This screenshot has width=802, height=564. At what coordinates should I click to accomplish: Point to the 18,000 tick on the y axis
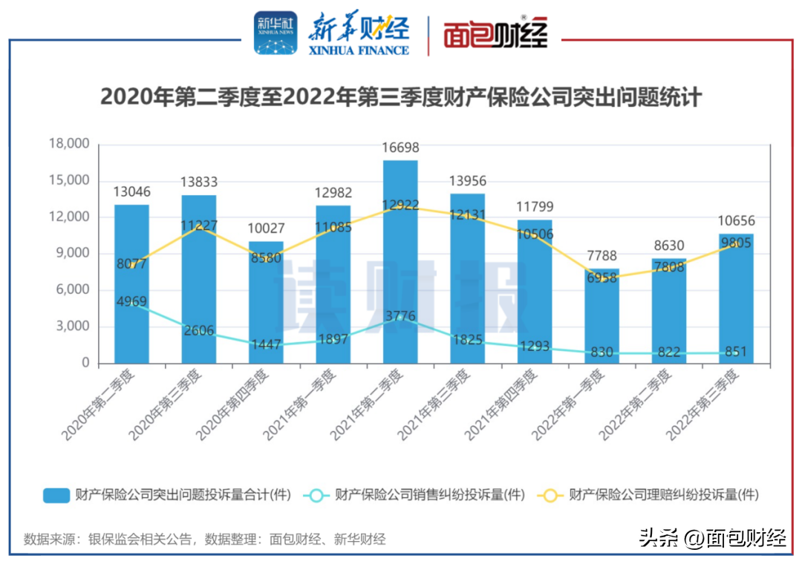[x=68, y=144]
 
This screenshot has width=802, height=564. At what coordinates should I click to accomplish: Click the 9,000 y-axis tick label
[x=72, y=253]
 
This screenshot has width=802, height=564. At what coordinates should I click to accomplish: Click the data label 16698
[x=400, y=148]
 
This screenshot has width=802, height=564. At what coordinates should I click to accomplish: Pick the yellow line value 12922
[x=400, y=205]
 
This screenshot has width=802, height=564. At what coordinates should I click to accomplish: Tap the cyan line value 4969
[x=131, y=301]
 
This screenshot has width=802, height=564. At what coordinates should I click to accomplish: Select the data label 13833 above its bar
[x=199, y=183]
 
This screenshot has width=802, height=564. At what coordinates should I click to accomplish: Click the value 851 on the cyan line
[x=736, y=352]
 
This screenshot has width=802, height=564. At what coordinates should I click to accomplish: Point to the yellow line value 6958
[x=601, y=278]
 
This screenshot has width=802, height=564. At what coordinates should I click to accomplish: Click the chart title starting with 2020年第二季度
[x=401, y=97]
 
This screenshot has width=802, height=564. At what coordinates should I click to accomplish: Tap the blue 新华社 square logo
[x=276, y=33]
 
